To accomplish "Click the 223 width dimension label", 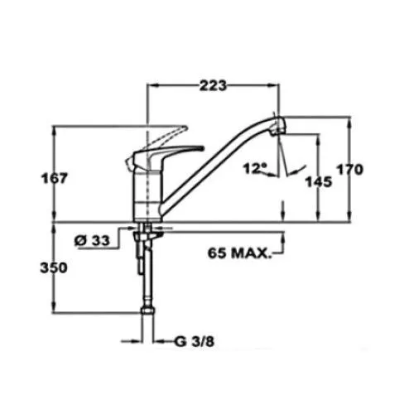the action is (213, 85).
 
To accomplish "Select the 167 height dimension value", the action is (54, 178).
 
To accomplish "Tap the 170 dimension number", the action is (350, 170).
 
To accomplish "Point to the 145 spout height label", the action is (319, 182).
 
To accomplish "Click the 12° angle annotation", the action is (255, 168).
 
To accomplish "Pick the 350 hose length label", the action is (54, 267).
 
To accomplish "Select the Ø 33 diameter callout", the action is (92, 240).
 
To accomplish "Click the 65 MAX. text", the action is (238, 253).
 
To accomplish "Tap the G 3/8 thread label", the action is (195, 342).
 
